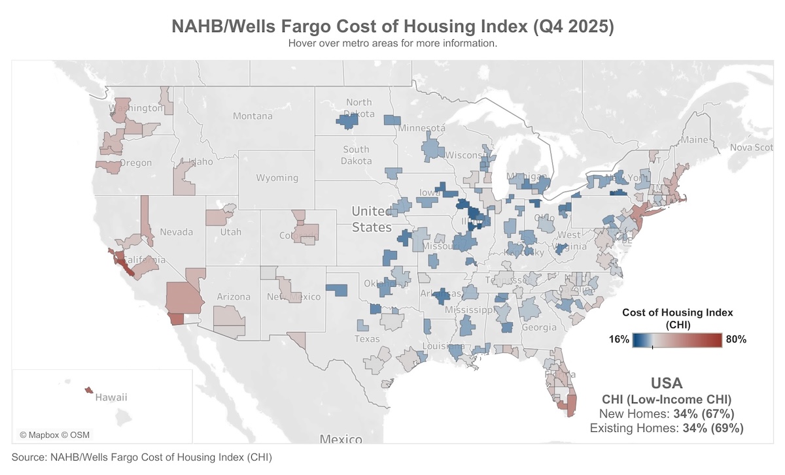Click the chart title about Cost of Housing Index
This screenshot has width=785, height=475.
pyautogui.click(x=392, y=27)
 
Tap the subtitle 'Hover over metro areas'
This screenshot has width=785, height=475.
pyautogui.click(x=392, y=44)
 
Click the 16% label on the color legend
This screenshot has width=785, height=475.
pyautogui.click(x=619, y=340)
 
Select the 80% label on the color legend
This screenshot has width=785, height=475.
pyautogui.click(x=735, y=340)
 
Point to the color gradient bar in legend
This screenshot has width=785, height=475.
pyautogui.click(x=677, y=340)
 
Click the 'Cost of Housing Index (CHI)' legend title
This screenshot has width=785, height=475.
pyautogui.click(x=677, y=318)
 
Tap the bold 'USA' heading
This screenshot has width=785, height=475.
pyautogui.click(x=667, y=384)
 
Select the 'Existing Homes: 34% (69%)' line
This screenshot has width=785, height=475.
pyautogui.click(x=667, y=429)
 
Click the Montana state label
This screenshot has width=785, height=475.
pyautogui.click(x=253, y=116)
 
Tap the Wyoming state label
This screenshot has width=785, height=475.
pyautogui.click(x=277, y=178)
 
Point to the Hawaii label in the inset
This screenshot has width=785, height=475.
pyautogui.click(x=111, y=397)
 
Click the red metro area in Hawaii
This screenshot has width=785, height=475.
pyautogui.click(x=88, y=390)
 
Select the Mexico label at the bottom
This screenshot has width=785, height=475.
pyautogui.click(x=341, y=438)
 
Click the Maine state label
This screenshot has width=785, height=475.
pyautogui.click(x=695, y=140)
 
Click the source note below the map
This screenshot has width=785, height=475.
pyautogui.click(x=141, y=457)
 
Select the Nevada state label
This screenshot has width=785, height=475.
pyautogui.click(x=177, y=232)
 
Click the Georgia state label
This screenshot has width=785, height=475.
pyautogui.click(x=540, y=327)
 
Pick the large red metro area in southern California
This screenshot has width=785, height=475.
pyautogui.click(x=183, y=299)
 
